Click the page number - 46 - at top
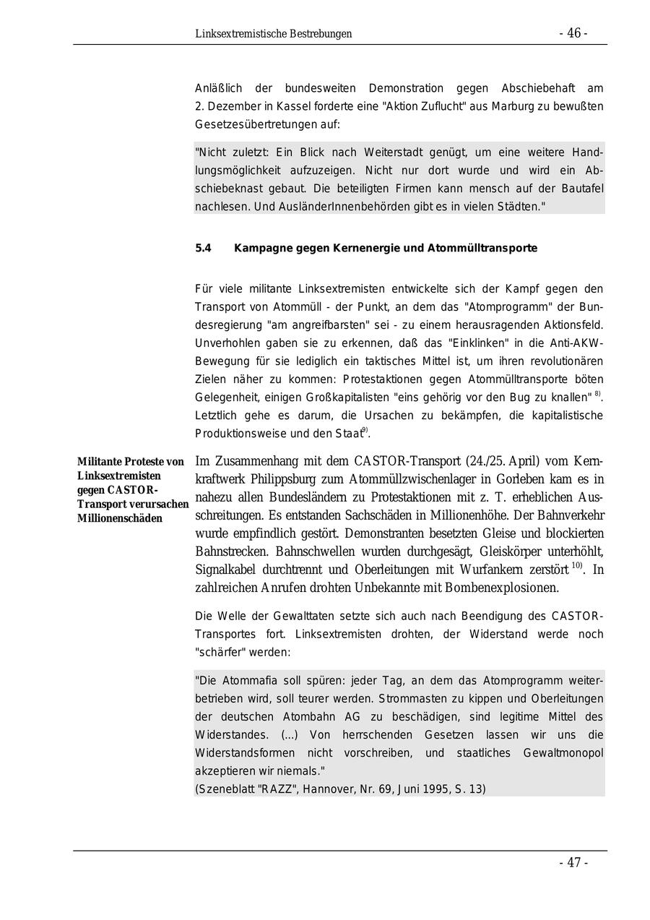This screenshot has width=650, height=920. [573, 33]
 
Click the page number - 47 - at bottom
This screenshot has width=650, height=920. [573, 862]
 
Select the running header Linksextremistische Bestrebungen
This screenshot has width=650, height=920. [273, 34]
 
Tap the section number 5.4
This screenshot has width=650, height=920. [203, 248]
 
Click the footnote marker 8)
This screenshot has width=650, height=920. [598, 395]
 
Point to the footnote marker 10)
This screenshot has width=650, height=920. [578, 566]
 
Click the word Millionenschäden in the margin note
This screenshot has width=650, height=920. [121, 518]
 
